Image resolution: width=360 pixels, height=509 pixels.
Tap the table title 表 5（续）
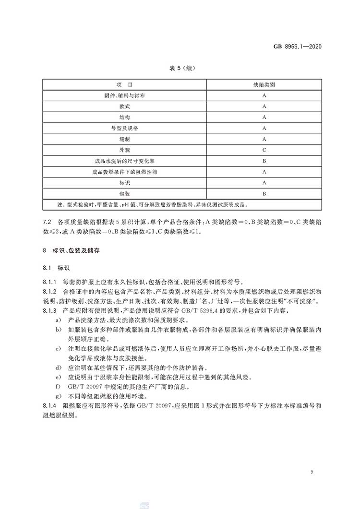(x=180, y=68)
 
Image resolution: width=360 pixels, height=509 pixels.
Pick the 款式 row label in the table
(x=124, y=107)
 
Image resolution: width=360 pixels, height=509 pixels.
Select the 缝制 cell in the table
(x=124, y=139)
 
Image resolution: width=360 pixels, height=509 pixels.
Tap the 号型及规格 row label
(x=124, y=128)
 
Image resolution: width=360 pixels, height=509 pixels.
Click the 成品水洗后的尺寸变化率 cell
(x=124, y=161)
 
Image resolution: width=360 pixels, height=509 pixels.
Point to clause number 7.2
(x=47, y=223)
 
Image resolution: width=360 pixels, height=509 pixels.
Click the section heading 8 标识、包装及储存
(x=72, y=250)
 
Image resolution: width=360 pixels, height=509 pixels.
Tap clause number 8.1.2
(x=50, y=291)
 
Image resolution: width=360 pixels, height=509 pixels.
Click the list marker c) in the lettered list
(x=58, y=348)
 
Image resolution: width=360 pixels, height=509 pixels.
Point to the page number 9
(x=312, y=473)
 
